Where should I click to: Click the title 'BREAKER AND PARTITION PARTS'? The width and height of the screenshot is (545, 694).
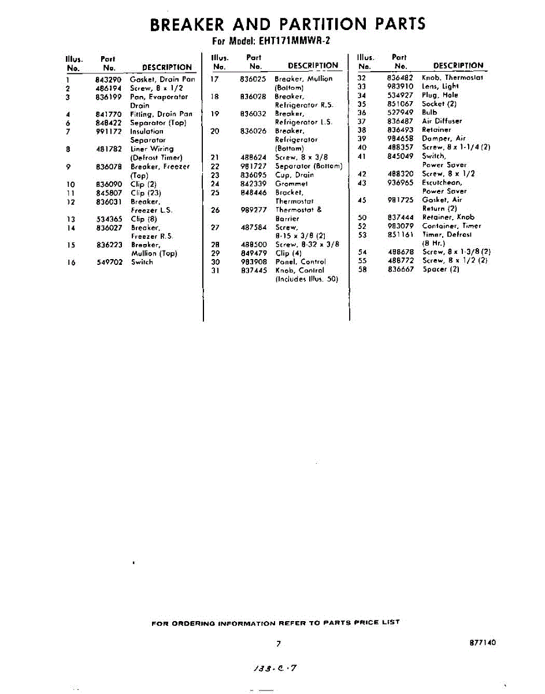[287, 24]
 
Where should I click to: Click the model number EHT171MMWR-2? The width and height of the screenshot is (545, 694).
[295, 41]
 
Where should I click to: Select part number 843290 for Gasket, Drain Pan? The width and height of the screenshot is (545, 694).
[109, 79]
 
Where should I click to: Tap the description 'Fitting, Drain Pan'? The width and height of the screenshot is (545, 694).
[161, 114]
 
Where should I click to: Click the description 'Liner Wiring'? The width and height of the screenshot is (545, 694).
[152, 149]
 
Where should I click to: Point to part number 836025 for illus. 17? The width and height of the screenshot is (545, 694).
[253, 79]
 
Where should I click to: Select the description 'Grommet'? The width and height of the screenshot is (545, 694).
[291, 184]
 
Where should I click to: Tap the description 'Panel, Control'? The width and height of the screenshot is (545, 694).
[301, 262]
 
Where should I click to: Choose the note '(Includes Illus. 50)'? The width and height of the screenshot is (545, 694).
[307, 279]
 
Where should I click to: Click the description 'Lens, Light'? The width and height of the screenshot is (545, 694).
[440, 86]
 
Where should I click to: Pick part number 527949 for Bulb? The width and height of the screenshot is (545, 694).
[401, 112]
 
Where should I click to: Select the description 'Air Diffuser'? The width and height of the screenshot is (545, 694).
[442, 121]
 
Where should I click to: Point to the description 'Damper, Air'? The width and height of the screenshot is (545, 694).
[444, 139]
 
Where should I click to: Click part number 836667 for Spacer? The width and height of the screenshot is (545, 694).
[401, 270]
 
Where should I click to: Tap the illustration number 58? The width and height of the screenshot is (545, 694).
[362, 270]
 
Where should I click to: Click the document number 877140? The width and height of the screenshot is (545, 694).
[483, 643]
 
